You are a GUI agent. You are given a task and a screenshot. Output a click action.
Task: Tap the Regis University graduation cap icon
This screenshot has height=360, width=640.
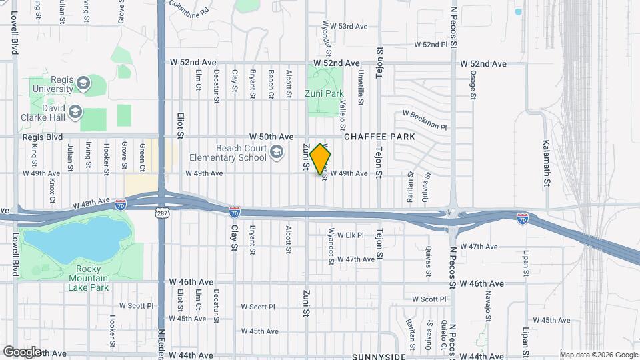[x=83, y=83]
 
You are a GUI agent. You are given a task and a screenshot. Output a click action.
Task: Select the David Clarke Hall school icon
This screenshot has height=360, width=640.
[x=75, y=111]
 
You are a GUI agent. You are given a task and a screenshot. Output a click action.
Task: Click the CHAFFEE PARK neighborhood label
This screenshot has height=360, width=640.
[x=379, y=137]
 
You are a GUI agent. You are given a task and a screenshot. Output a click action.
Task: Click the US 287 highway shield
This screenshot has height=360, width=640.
[x=162, y=213]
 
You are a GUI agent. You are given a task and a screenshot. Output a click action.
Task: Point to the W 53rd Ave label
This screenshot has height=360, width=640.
[x=353, y=27]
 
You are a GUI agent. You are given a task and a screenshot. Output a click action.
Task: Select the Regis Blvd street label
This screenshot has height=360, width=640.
[x=42, y=137]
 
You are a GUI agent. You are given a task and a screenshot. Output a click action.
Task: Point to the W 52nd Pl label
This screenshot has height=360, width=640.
[x=430, y=45]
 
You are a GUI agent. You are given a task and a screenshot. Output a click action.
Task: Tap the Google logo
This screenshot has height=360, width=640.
[x=21, y=351]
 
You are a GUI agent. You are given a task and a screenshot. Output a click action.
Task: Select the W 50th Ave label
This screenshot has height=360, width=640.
[x=271, y=137]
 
